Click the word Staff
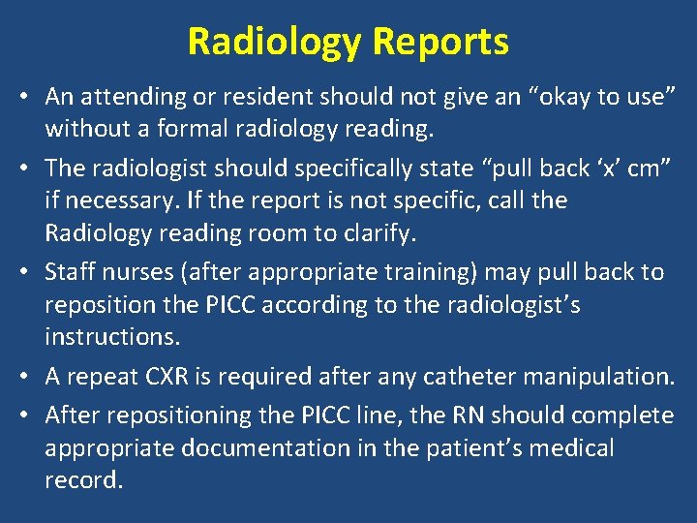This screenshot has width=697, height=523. coord(69,272)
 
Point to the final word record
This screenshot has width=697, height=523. coord(83,481)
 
